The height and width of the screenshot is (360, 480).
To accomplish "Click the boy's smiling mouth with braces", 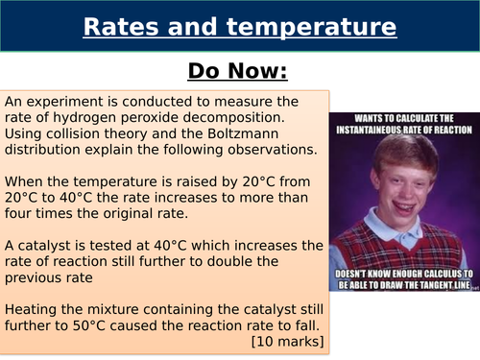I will (x=403, y=201).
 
